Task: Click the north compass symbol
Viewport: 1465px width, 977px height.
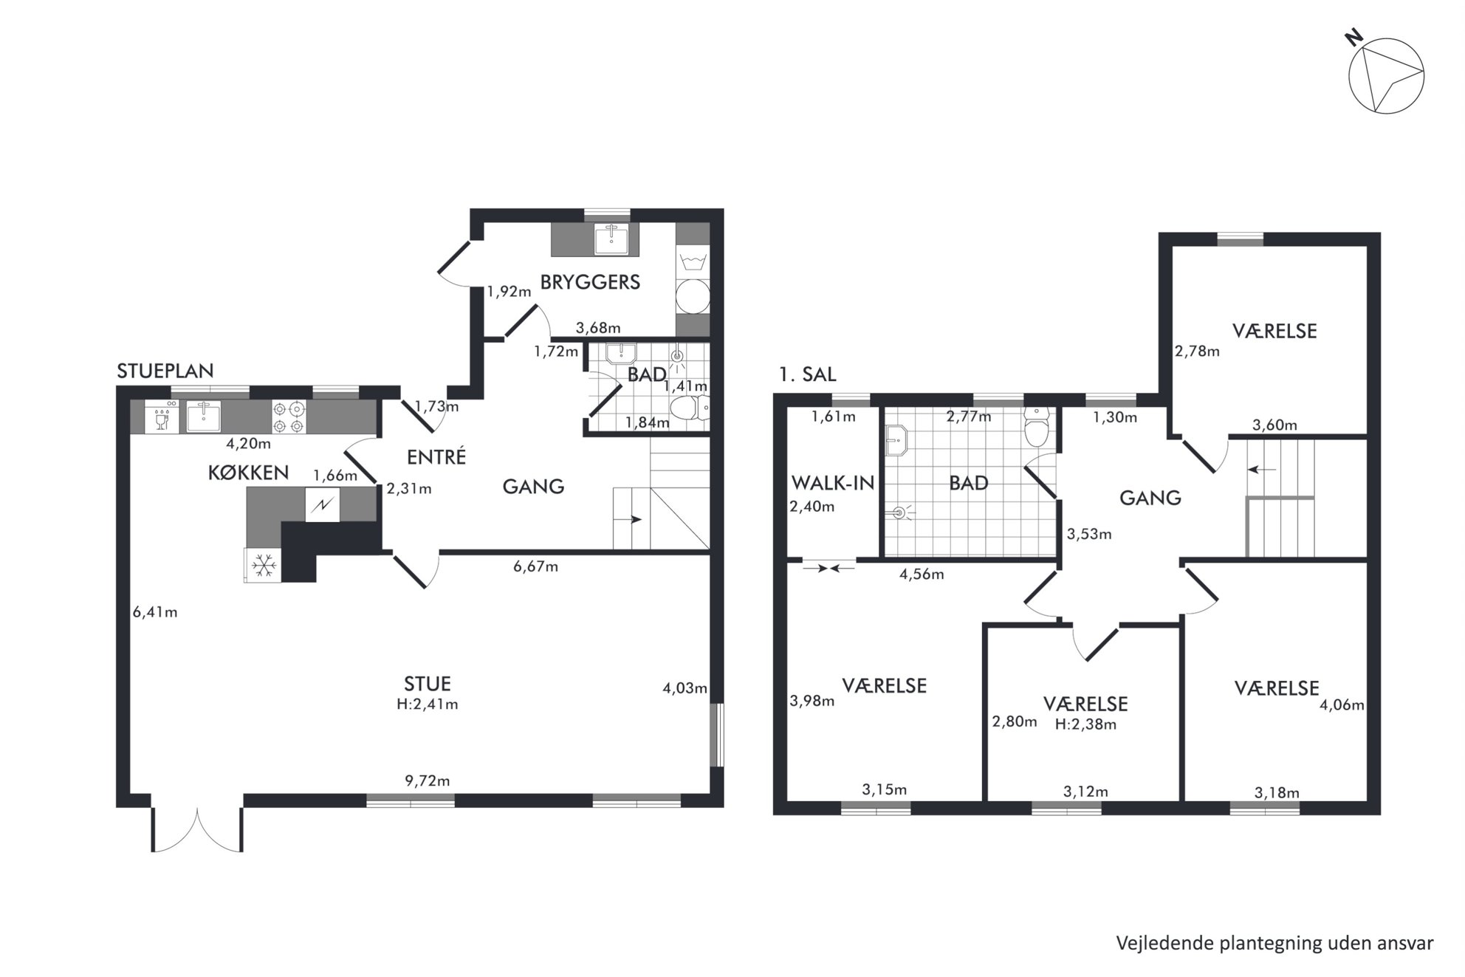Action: [1386, 75]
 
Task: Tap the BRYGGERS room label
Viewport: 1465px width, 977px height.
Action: [590, 282]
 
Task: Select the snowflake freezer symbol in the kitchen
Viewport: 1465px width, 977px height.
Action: [263, 566]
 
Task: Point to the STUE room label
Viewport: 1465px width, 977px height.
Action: [428, 684]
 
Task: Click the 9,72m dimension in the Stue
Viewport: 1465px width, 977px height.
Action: [428, 781]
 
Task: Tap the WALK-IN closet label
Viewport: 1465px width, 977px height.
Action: [833, 483]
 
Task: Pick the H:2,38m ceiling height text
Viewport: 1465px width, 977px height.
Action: [1085, 724]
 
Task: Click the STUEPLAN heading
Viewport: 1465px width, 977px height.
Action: [165, 371]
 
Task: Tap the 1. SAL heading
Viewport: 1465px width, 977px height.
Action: [808, 374]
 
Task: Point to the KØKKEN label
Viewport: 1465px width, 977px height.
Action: [248, 473]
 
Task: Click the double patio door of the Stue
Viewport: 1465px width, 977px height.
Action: [198, 829]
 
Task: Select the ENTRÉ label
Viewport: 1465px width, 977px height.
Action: [436, 457]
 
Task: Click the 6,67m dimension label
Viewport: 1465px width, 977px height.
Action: [536, 567]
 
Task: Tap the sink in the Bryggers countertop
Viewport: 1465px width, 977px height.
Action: [612, 239]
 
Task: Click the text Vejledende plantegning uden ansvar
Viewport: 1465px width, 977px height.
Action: [1274, 943]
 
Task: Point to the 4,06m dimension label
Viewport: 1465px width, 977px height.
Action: [1342, 705]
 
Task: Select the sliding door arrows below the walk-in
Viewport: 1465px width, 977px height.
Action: [829, 568]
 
